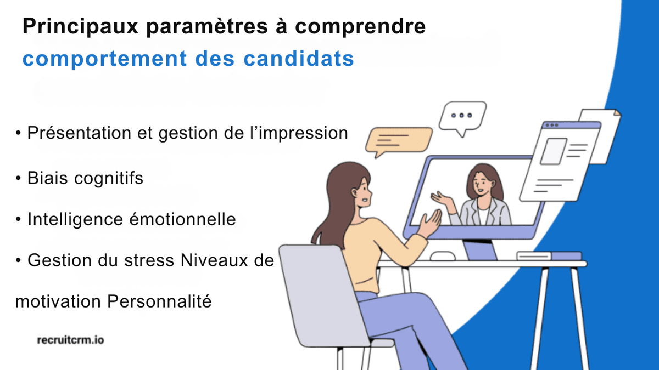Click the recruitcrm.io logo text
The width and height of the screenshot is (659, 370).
coord(70,340)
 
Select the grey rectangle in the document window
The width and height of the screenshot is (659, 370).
coord(553,151)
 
